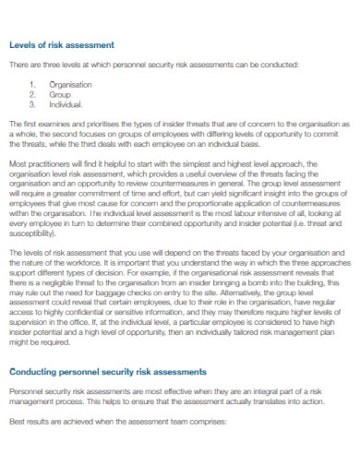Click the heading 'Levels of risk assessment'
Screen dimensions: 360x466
click(62, 44)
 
